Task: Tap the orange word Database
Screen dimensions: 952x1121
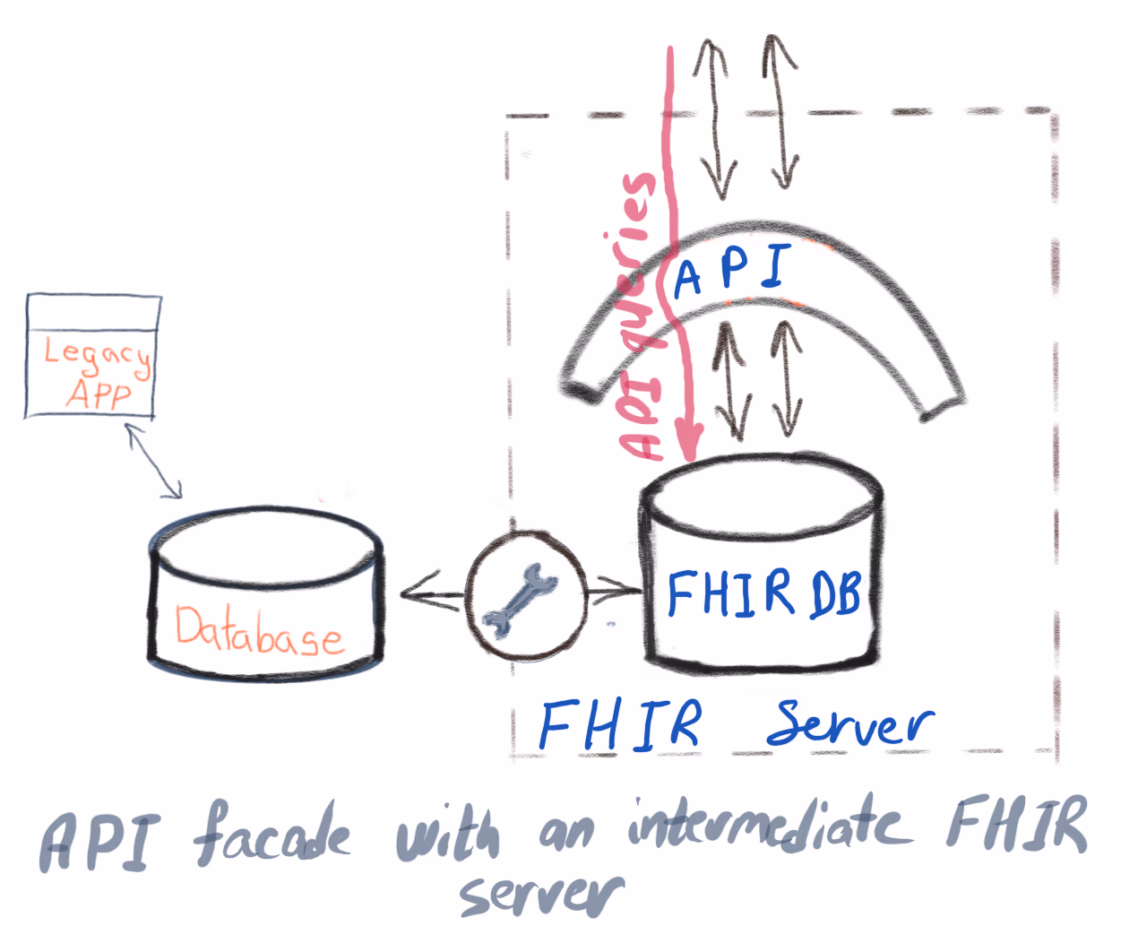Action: pyautogui.click(x=258, y=631)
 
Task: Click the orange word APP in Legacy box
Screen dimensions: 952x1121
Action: pyautogui.click(x=99, y=394)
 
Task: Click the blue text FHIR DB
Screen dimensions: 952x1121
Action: pyautogui.click(x=763, y=593)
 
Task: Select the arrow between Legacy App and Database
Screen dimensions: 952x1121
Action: pyautogui.click(x=154, y=462)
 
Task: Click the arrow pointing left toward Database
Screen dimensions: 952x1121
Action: pyautogui.click(x=430, y=593)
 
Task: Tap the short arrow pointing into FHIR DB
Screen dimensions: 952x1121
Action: pyautogui.click(x=617, y=590)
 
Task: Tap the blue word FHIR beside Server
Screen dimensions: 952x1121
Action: pyautogui.click(x=620, y=724)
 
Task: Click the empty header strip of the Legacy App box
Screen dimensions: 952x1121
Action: pyautogui.click(x=93, y=312)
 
